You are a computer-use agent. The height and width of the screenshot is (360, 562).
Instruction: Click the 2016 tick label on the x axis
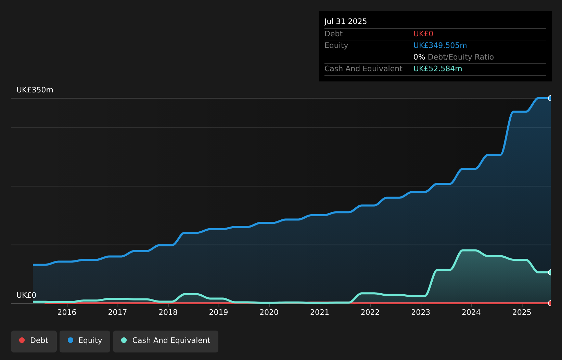pos(67,312)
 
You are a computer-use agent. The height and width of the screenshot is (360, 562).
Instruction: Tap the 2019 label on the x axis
pos(218,312)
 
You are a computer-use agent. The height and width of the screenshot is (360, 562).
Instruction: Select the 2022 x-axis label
pos(370,312)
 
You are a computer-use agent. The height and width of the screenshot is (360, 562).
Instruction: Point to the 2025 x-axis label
pos(522,312)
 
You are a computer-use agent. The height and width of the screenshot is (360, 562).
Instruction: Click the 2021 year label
pos(319,312)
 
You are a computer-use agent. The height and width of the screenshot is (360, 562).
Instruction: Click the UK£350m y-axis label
pos(35,90)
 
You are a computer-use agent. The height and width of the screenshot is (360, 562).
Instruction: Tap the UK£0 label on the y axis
pos(26,295)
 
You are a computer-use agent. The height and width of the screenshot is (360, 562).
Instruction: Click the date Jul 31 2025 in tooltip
pos(345,21)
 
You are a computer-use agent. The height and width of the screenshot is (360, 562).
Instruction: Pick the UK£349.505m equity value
pos(440,45)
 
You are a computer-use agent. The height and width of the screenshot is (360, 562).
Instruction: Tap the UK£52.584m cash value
pos(437,68)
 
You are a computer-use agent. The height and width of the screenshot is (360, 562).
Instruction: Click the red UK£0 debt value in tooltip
pos(423,34)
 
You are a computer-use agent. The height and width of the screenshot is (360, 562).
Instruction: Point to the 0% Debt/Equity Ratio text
pos(453,57)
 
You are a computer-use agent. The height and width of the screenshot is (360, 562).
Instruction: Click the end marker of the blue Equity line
pos(550,98)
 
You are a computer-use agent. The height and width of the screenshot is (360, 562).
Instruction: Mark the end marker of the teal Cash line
pos(550,272)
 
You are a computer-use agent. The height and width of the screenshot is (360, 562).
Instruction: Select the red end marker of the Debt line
pos(550,303)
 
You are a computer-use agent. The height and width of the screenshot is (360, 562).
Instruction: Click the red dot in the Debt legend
pos(22,340)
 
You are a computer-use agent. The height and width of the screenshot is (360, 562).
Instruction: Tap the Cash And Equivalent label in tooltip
pos(363,68)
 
